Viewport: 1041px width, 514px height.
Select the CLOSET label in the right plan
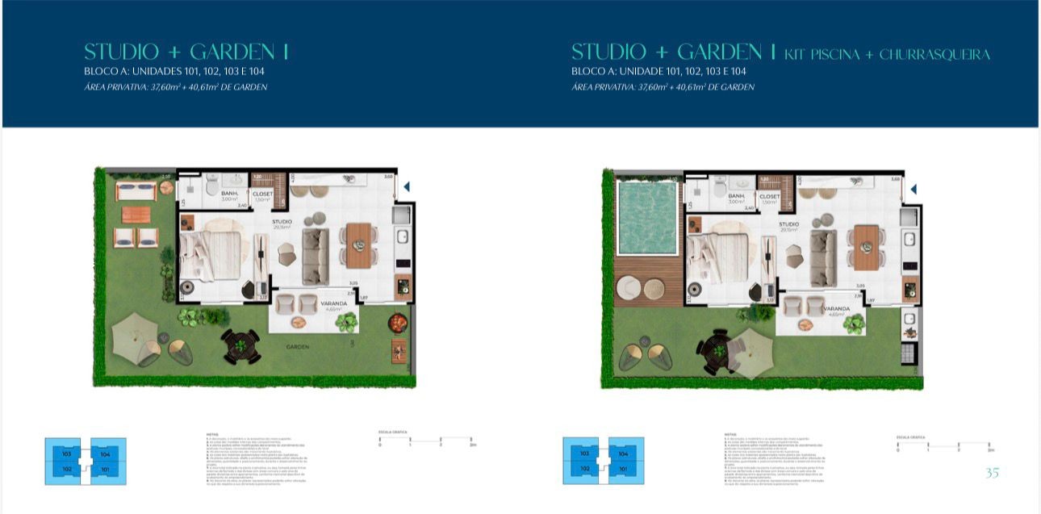point(770,196)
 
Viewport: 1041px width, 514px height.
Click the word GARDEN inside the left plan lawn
point(299,346)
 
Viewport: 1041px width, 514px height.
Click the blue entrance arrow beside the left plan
point(407,186)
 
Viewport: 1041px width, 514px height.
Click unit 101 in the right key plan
point(623,468)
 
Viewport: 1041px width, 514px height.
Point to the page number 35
point(992,473)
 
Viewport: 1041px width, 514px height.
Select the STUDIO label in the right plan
point(788,224)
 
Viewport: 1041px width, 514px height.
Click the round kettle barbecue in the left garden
point(397,322)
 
